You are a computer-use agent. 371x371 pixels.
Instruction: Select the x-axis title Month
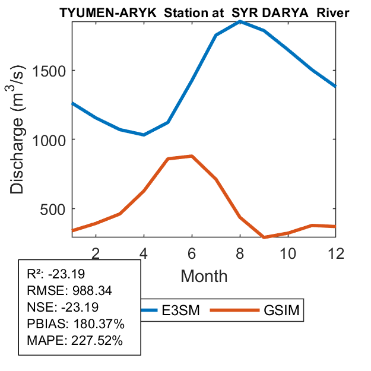pyautogui.click(x=204, y=276)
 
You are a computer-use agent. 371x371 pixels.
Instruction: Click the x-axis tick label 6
pyautogui.click(x=192, y=253)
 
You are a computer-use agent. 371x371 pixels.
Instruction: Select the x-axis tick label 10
pyautogui.click(x=288, y=253)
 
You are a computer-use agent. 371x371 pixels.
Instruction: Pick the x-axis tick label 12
pyautogui.click(x=336, y=253)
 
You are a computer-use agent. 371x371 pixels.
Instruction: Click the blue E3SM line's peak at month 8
pyautogui.click(x=240, y=21)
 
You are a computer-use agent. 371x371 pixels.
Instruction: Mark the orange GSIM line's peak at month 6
pyautogui.click(x=192, y=156)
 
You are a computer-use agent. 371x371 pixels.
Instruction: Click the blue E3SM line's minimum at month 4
pyautogui.click(x=144, y=135)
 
